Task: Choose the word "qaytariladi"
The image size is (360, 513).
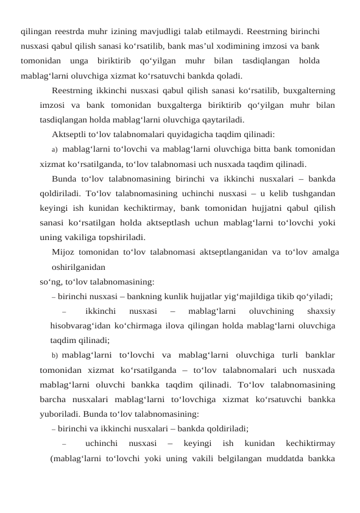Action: [x=222, y=119]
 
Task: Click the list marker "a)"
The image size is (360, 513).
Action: [x=55, y=149]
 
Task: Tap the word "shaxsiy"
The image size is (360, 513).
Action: [x=322, y=311]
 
